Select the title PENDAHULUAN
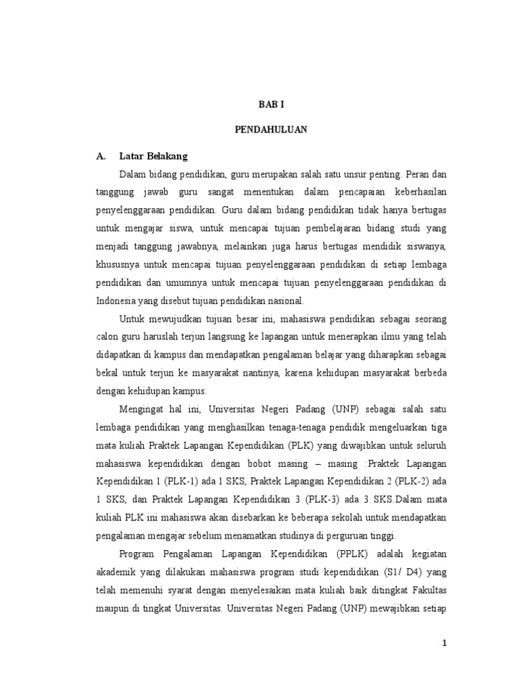click(270, 130)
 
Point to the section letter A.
click(102, 156)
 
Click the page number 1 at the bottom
click(444, 642)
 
